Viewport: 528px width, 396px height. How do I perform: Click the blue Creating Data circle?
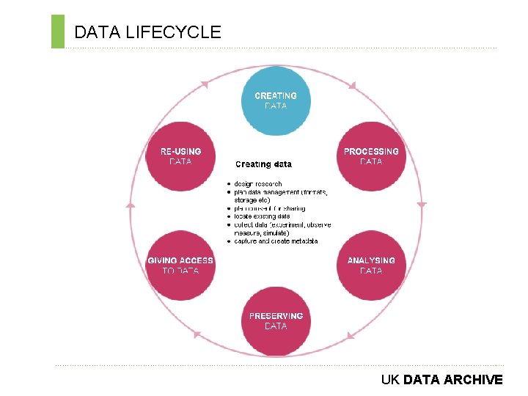click(x=276, y=101)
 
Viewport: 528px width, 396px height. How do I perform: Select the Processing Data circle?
click(x=371, y=156)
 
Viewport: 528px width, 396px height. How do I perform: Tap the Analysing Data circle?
click(x=371, y=265)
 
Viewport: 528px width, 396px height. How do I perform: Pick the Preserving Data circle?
click(x=276, y=321)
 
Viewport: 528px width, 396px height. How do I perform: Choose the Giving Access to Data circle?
click(x=180, y=265)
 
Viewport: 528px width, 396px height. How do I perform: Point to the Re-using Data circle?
click(x=180, y=156)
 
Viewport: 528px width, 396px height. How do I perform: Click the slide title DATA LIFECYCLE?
click(x=147, y=32)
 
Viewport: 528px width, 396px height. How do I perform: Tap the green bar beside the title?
click(x=58, y=32)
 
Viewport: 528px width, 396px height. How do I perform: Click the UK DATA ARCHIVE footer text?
click(x=441, y=380)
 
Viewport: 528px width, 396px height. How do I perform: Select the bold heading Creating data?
click(x=263, y=164)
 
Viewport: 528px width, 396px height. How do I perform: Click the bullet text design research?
click(x=258, y=184)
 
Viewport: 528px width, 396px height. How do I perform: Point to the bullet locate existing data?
click(x=262, y=216)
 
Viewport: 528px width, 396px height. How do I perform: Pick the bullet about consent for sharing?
click(x=270, y=208)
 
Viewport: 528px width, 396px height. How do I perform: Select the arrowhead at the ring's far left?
click(x=131, y=206)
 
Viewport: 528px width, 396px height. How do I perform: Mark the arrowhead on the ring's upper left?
click(x=203, y=84)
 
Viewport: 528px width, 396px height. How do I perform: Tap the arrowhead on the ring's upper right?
click(x=353, y=87)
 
